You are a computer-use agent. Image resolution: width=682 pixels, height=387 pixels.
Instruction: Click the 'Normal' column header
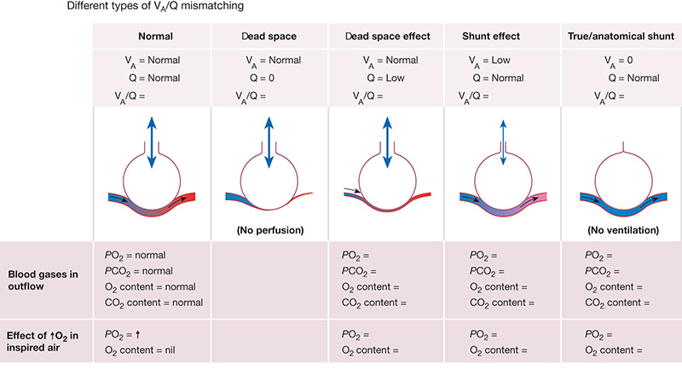(155, 37)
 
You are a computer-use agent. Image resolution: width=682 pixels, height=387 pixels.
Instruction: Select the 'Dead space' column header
(269, 37)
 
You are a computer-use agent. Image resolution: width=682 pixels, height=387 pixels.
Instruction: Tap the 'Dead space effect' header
(388, 37)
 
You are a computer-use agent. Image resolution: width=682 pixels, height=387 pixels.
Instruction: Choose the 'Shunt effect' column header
(491, 37)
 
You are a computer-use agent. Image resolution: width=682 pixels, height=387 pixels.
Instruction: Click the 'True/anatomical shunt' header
(621, 37)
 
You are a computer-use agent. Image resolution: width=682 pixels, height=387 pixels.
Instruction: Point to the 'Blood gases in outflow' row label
(43, 280)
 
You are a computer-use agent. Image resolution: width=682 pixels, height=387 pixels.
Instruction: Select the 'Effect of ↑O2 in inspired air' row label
(42, 341)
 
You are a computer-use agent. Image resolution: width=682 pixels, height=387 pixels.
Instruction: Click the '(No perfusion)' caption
(270, 230)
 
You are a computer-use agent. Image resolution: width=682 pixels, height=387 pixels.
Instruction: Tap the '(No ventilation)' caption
(623, 230)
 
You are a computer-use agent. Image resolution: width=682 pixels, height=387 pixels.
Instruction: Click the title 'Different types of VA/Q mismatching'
(155, 7)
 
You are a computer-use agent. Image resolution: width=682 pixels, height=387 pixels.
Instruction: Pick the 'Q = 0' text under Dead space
(262, 78)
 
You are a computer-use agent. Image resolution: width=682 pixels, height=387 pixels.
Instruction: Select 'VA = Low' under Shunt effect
(489, 61)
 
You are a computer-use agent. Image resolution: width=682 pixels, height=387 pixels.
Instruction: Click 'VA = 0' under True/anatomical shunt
(618, 61)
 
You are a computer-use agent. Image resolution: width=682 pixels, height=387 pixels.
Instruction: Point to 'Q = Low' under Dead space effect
(385, 78)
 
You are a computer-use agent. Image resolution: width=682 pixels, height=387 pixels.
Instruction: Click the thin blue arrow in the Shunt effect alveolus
(503, 142)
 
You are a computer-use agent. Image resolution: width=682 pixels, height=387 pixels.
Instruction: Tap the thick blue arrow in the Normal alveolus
(152, 142)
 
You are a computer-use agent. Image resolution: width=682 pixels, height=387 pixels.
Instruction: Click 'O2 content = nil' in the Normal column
(140, 350)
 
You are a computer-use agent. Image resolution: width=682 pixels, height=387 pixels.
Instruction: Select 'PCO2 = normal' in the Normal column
(138, 271)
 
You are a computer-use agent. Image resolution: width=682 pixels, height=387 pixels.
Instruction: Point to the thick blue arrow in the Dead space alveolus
(269, 142)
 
